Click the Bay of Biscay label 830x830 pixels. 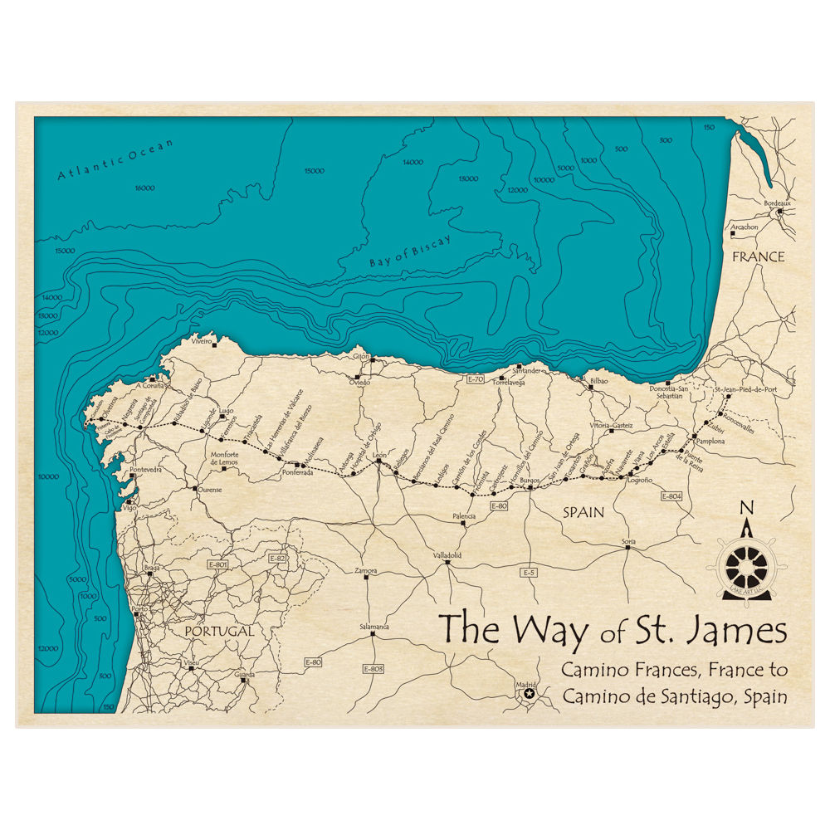tap(410, 251)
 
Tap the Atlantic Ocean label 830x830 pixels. tap(115, 160)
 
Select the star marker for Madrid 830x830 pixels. tap(530, 692)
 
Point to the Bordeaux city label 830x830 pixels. tap(778, 203)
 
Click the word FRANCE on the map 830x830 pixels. tap(758, 257)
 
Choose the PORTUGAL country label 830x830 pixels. tap(219, 632)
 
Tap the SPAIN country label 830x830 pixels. tap(583, 513)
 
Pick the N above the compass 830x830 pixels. tap(746, 509)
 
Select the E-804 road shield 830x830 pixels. tap(671, 496)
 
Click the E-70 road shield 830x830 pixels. tap(475, 379)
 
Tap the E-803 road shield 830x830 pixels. tap(373, 668)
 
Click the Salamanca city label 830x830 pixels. tap(373, 627)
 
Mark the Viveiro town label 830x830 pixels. tap(203, 340)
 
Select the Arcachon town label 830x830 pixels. tap(744, 227)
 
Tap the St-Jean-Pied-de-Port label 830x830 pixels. tap(746, 388)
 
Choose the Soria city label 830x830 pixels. tap(628, 541)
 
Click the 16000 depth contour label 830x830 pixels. tap(144, 188)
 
